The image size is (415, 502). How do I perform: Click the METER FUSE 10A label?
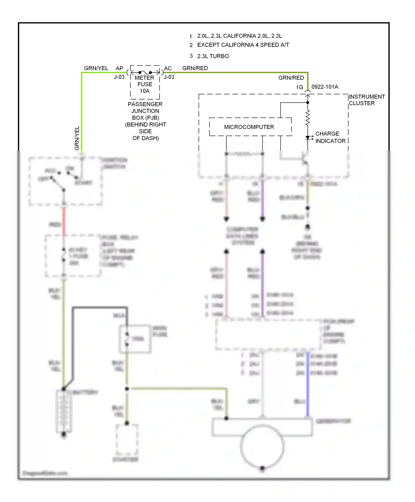(x=145, y=84)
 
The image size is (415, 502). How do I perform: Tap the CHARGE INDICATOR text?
(x=330, y=137)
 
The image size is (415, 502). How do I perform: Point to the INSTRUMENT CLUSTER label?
(x=366, y=100)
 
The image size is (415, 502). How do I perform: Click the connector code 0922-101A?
(x=325, y=87)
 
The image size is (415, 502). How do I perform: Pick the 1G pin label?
(x=299, y=87)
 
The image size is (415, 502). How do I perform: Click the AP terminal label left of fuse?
(x=119, y=68)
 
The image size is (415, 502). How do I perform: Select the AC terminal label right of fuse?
(x=168, y=68)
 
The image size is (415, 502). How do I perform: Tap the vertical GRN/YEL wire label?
(x=77, y=138)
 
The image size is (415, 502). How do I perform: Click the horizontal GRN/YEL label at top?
(x=96, y=68)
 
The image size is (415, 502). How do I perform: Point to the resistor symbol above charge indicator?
(x=308, y=118)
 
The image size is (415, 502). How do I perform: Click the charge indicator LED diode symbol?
(x=308, y=138)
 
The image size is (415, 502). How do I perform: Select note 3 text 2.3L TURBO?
(x=213, y=56)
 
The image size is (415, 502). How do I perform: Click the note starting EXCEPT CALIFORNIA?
(x=243, y=45)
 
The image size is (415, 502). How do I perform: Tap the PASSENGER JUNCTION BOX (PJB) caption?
(x=145, y=121)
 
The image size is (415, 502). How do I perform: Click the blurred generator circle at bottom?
(x=262, y=446)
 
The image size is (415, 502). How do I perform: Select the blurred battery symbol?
(x=64, y=411)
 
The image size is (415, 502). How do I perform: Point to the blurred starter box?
(x=127, y=440)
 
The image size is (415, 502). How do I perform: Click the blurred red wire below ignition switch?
(x=64, y=221)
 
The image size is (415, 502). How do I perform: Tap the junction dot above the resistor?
(x=308, y=102)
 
